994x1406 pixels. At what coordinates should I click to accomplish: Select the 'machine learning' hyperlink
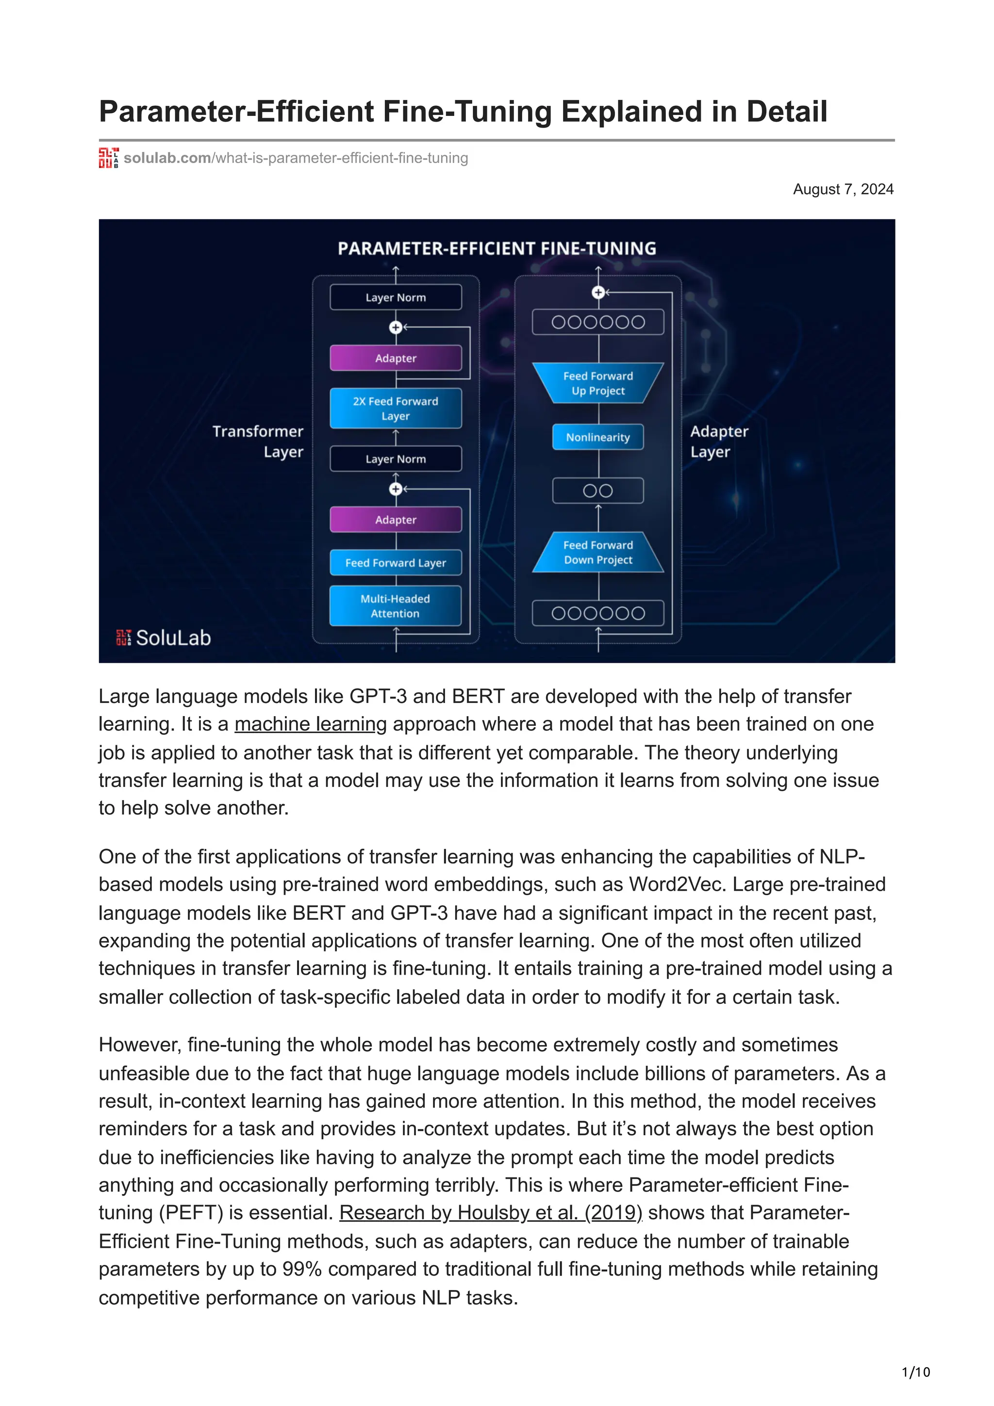point(311,724)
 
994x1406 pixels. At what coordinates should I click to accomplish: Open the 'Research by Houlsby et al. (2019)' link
point(491,1212)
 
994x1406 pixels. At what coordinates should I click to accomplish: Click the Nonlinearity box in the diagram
point(598,437)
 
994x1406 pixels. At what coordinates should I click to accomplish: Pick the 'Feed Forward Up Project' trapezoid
point(598,383)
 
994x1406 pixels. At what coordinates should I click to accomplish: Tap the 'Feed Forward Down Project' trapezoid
point(598,552)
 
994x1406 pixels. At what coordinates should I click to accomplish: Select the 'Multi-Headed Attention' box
point(395,605)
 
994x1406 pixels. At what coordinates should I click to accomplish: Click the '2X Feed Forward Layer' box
point(395,409)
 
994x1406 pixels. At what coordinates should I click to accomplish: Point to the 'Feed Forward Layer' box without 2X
point(395,563)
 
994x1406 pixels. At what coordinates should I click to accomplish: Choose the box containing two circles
point(598,490)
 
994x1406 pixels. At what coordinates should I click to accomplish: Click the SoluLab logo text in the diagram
point(173,638)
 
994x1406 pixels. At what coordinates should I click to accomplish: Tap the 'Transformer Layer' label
point(258,441)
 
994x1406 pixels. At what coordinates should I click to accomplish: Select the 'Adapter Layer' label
point(719,441)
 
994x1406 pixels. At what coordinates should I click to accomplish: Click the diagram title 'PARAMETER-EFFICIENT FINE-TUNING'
point(497,248)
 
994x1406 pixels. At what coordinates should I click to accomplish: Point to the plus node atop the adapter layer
point(598,293)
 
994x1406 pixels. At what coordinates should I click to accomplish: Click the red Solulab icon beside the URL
point(108,158)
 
